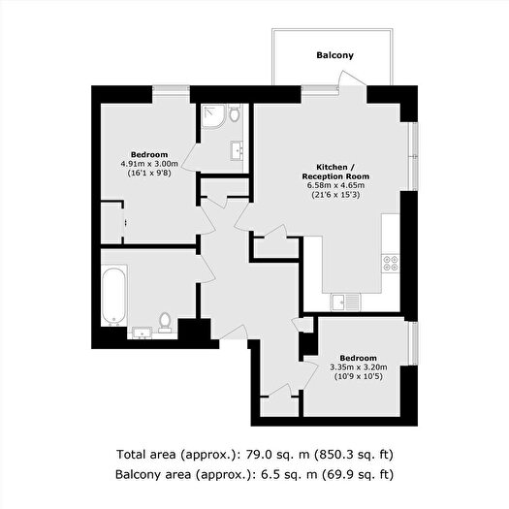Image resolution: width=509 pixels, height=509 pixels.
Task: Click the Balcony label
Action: click(334, 55)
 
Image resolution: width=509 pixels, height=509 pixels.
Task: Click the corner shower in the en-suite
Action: click(214, 118)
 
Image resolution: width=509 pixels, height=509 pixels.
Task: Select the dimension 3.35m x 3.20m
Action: click(358, 367)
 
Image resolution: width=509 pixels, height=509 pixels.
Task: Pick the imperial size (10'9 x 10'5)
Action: click(358, 377)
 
